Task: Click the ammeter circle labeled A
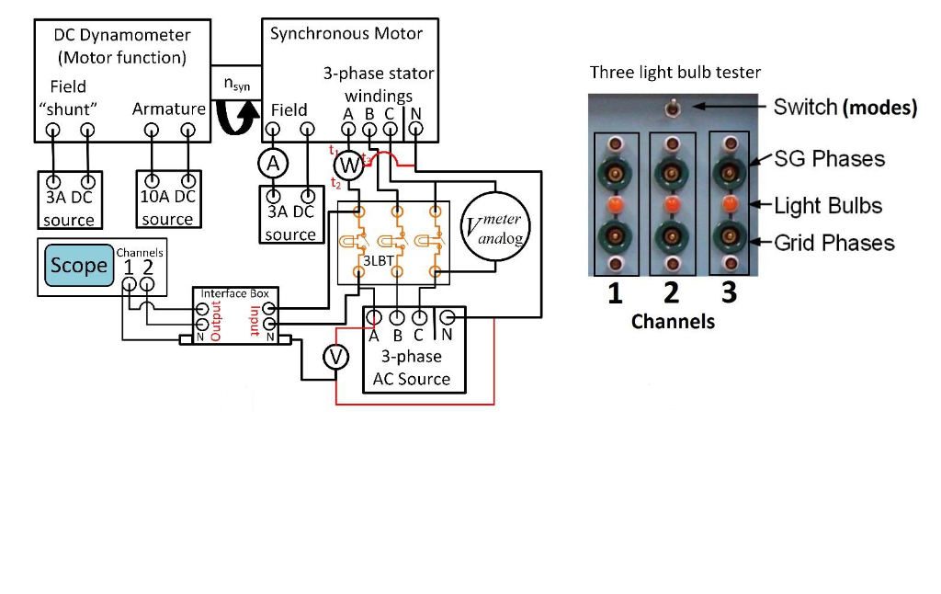(x=270, y=164)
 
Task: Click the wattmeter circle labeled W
(x=348, y=166)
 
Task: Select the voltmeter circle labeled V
(x=338, y=357)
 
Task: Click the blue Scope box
(x=78, y=267)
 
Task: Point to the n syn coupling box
(x=236, y=85)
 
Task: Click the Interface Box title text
(x=235, y=293)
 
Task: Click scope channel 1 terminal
(x=128, y=285)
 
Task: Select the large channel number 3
(x=728, y=292)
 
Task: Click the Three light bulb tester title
(x=675, y=73)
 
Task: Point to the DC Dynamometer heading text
(x=122, y=36)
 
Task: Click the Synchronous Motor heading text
(x=346, y=34)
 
